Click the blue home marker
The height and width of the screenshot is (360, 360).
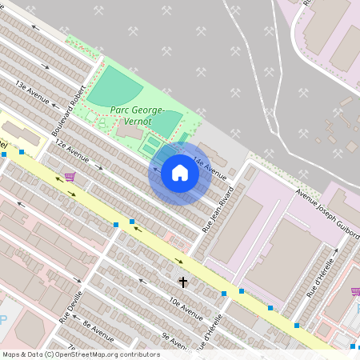(180, 173)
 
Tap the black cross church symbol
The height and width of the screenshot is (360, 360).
(183, 282)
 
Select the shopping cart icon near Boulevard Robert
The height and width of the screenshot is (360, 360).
(70, 177)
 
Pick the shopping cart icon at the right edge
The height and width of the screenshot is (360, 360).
(355, 291)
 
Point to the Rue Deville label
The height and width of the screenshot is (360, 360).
(70, 306)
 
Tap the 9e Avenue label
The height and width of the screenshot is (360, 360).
(173, 339)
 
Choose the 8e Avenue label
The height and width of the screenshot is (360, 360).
(98, 329)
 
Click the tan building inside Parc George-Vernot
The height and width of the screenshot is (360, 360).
(129, 130)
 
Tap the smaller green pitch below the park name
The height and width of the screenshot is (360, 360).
(166, 123)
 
